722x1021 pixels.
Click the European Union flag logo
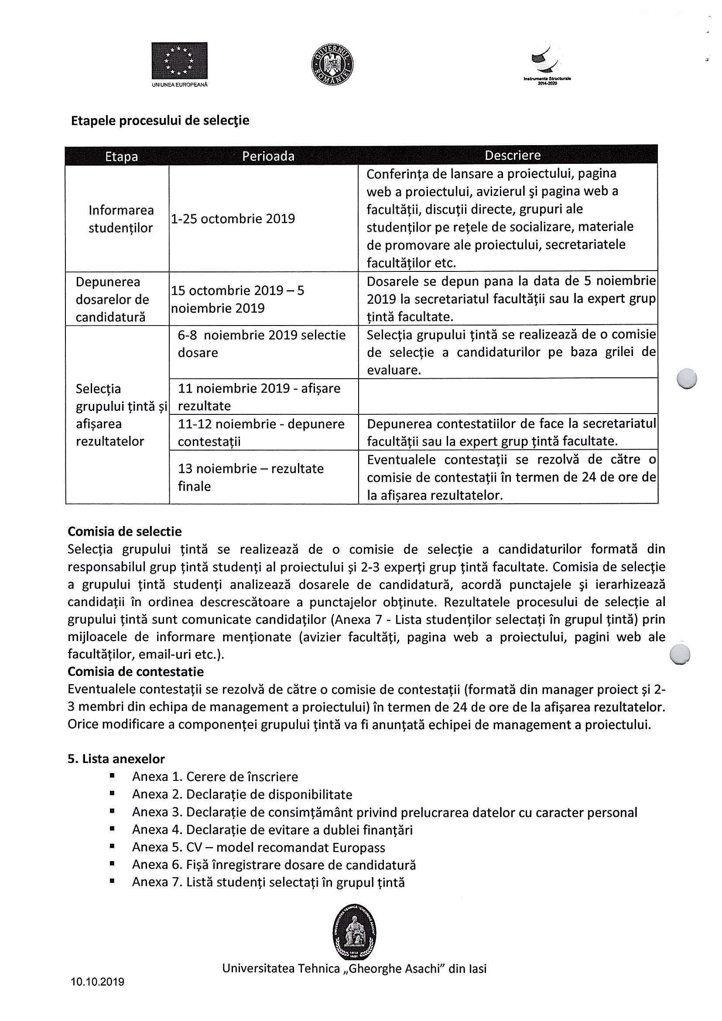coord(179,61)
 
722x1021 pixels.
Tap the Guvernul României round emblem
coord(332,64)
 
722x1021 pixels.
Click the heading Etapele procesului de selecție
coord(160,121)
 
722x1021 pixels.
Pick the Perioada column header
coord(268,156)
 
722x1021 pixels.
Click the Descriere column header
coord(512,155)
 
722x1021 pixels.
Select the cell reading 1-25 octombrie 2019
coord(233,218)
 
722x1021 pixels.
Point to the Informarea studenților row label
coord(121,218)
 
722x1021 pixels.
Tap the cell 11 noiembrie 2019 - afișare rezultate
coord(259,396)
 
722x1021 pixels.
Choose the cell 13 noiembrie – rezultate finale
coord(250,477)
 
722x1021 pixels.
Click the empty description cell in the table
coord(507,396)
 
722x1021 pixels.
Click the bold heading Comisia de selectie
coord(125,531)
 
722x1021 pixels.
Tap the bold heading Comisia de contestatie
coord(135,672)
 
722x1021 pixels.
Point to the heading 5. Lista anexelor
coord(116,759)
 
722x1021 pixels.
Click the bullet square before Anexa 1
coord(112,776)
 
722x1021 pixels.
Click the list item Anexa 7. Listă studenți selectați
coord(268,882)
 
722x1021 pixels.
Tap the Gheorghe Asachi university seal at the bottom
coord(354,932)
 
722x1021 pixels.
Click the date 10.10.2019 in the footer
coord(97,981)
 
